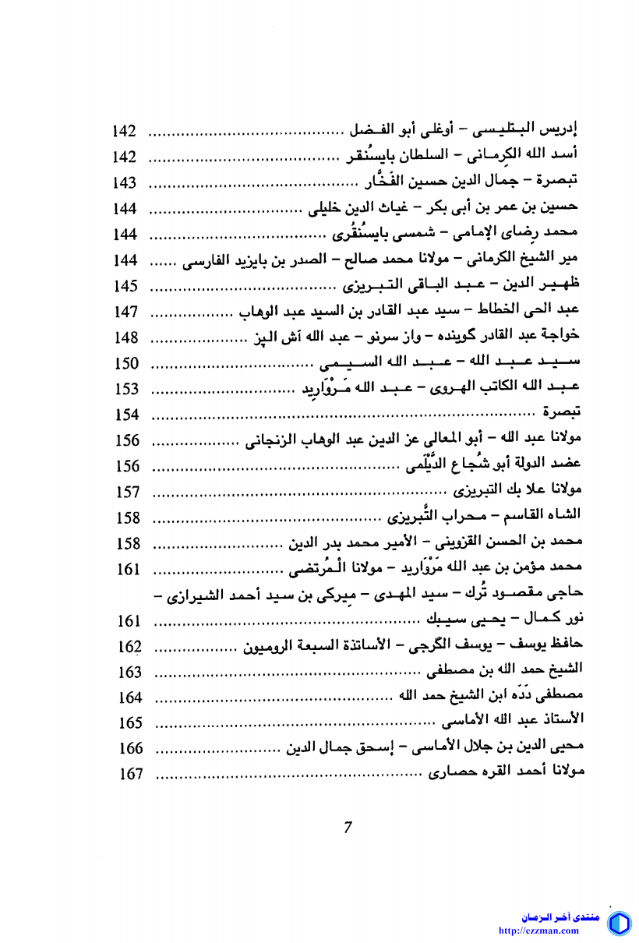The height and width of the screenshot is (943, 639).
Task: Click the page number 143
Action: click(x=125, y=183)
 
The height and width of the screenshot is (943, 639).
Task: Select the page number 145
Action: click(x=125, y=286)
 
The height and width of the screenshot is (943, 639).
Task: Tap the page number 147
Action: click(x=125, y=312)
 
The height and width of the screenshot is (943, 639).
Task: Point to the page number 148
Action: click(x=125, y=337)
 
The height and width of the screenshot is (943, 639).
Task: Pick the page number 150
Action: click(x=125, y=363)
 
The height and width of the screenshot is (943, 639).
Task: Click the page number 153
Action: click(x=125, y=389)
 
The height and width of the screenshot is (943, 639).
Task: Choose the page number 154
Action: click(x=125, y=415)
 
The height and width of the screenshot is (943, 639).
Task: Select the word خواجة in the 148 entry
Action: click(x=567, y=337)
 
